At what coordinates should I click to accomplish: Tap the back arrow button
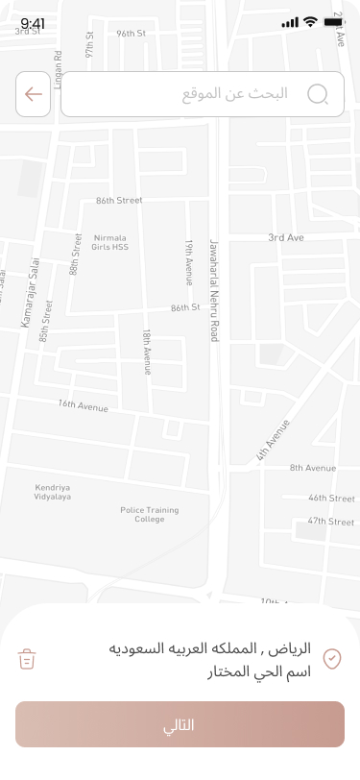34,94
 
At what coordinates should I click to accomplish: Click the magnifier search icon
318,94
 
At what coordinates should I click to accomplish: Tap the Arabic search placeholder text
235,94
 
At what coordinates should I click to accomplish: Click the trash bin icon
27,659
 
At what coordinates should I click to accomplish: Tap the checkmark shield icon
332,658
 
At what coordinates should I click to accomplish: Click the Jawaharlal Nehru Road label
214,277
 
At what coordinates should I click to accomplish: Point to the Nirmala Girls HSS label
110,242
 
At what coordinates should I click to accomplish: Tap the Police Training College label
149,514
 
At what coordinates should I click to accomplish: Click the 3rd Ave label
285,237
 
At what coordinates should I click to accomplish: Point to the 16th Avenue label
84,406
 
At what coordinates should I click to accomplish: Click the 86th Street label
119,201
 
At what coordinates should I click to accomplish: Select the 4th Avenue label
273,441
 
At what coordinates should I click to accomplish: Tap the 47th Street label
331,521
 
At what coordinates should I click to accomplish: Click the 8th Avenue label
313,468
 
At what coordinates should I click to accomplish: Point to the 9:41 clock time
33,23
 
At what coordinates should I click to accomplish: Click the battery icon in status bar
334,21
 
